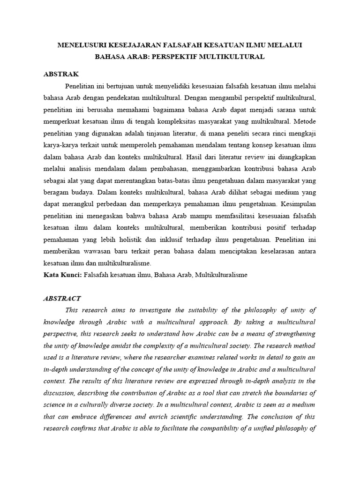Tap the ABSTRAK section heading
[61, 74]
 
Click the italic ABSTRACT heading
[62, 298]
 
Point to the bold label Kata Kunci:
[62, 275]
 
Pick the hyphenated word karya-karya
[62, 142]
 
